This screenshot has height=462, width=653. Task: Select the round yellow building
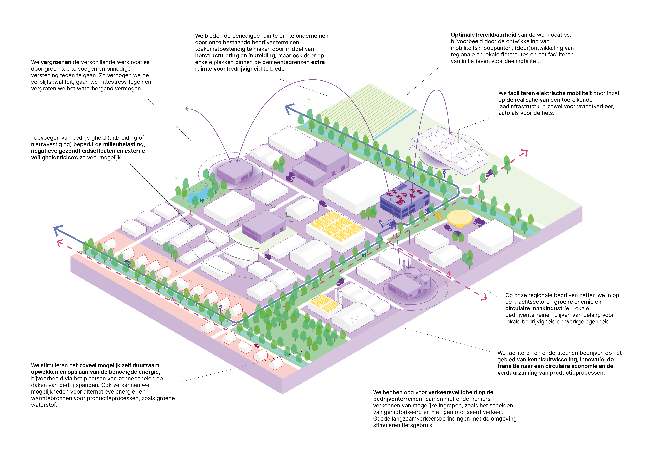point(460,218)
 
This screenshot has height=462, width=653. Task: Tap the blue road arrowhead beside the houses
point(58,230)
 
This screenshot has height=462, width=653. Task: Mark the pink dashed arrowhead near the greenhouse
point(524,153)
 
